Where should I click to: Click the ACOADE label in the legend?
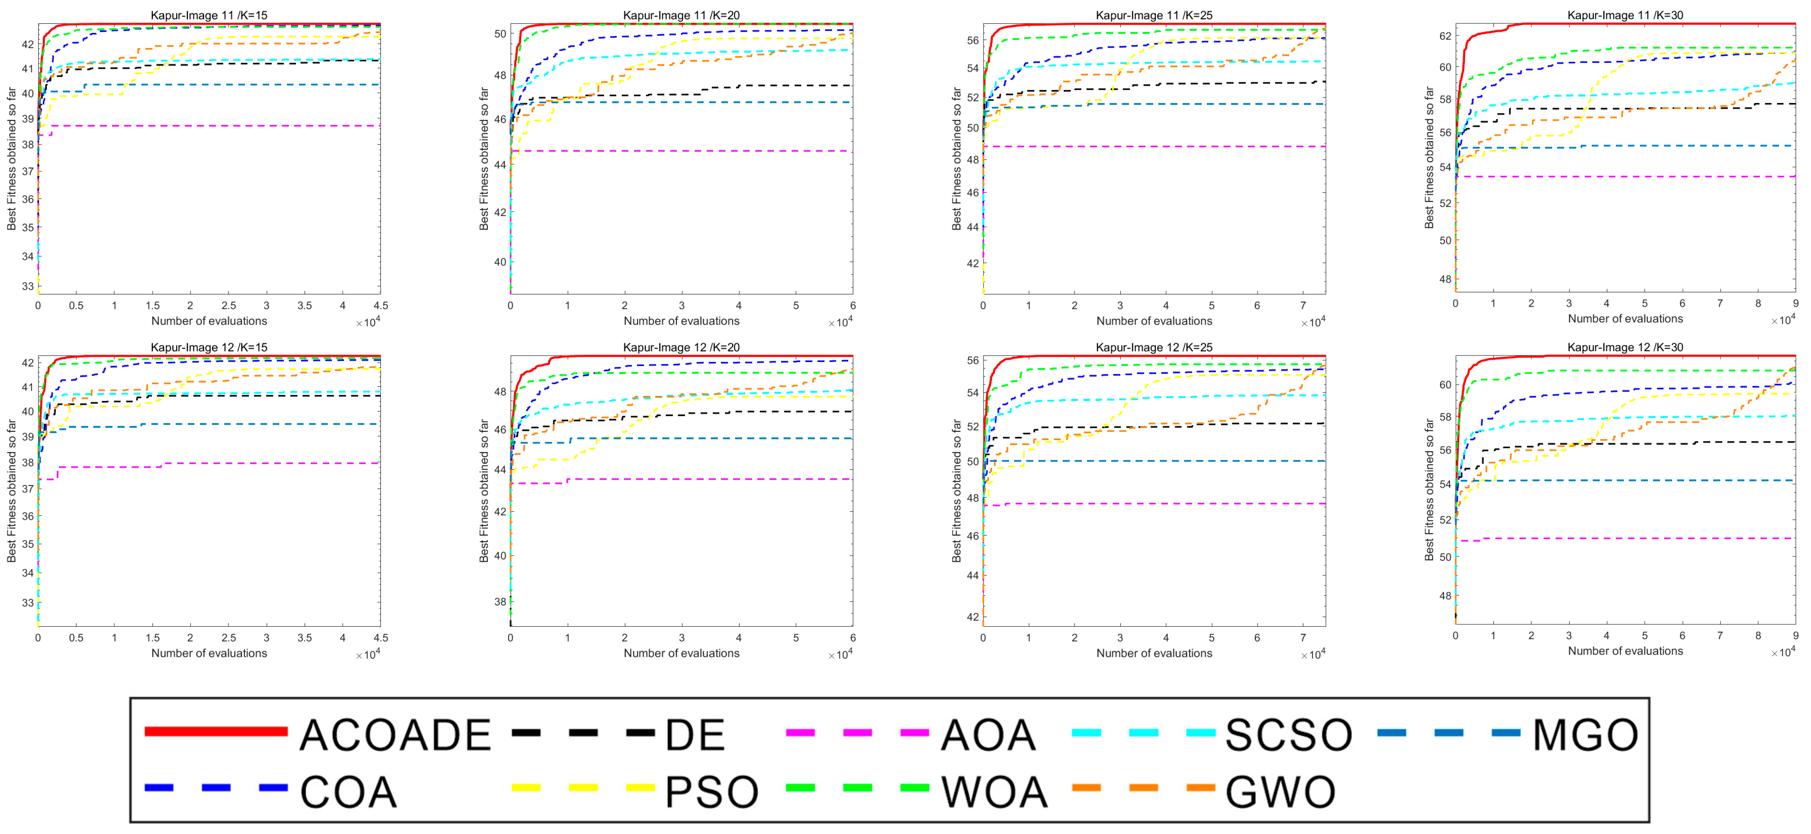(x=395, y=735)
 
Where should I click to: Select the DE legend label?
(x=695, y=735)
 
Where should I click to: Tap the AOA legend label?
(x=988, y=735)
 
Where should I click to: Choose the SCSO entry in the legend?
(x=1288, y=735)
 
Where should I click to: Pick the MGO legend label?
(x=1585, y=735)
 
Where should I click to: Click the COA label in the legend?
(x=348, y=792)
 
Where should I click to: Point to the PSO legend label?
(x=711, y=792)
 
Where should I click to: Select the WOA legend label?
(x=994, y=792)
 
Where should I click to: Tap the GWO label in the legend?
(x=1280, y=792)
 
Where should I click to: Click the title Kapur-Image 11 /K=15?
(x=209, y=15)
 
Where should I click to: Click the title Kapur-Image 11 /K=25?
(x=1154, y=15)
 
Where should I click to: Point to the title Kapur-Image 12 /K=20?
(x=681, y=347)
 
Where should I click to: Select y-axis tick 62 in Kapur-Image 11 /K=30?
(x=1445, y=36)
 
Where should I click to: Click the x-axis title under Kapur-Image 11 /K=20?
(x=681, y=321)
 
